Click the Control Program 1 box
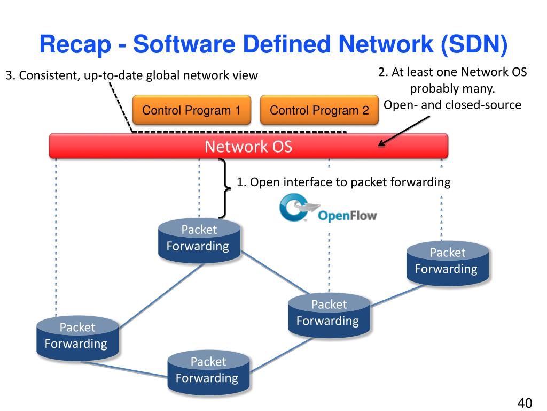(191, 111)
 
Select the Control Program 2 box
(319, 111)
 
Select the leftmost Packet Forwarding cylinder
(77, 337)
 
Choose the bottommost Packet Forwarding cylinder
(208, 371)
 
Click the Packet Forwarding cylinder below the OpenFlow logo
(329, 315)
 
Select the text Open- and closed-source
(452, 105)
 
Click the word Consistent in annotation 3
(48, 75)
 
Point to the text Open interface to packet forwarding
(343, 182)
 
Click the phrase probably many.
(452, 88)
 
